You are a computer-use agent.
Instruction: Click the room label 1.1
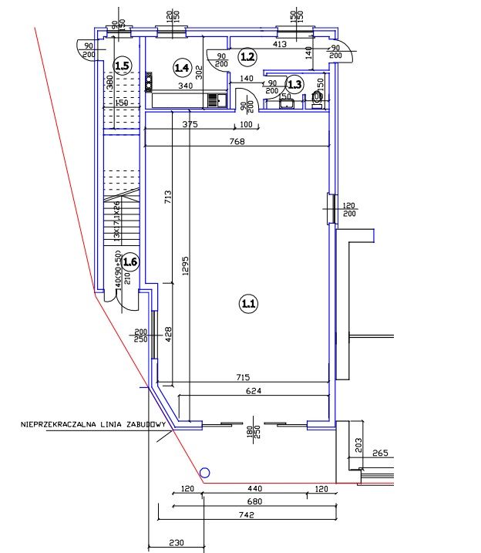(248, 305)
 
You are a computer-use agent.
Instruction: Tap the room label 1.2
(247, 56)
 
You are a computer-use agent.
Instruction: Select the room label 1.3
(294, 84)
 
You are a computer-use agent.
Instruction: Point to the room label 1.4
(182, 68)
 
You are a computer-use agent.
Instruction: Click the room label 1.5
(121, 66)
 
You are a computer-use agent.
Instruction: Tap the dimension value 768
(245, 140)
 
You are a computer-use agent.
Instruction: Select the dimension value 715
(242, 376)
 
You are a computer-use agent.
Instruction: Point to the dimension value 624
(254, 390)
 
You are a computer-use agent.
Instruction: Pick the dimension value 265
(381, 454)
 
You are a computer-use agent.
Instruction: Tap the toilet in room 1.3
(318, 98)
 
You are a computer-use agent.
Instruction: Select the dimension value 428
(169, 335)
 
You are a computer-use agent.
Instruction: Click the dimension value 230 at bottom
(177, 542)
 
